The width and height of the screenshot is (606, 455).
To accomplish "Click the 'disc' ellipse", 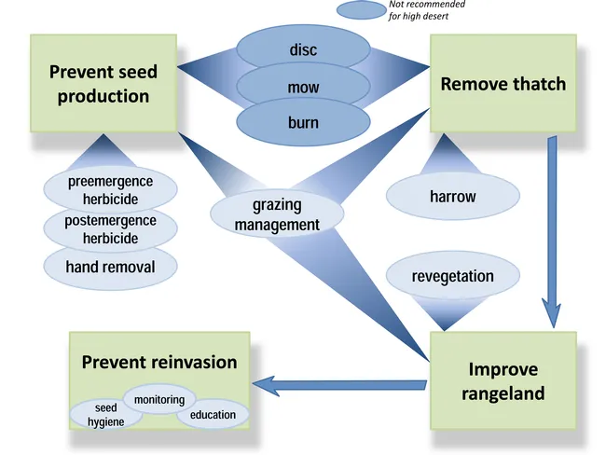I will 303,49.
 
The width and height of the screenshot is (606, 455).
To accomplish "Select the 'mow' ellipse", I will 303,88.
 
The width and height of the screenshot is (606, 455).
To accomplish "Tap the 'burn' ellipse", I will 303,122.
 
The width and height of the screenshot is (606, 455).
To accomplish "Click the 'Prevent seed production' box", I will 103,83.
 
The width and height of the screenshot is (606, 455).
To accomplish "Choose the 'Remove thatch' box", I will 503,84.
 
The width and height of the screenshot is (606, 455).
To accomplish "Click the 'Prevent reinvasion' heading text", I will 159,362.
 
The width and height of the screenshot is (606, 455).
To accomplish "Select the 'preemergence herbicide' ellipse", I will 110,188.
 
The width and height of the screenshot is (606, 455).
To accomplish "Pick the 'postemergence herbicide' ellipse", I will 110,228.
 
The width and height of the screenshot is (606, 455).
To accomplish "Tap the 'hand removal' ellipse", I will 110,267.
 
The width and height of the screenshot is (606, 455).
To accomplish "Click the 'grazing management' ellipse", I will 277,214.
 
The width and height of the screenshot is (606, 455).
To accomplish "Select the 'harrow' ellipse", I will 452,197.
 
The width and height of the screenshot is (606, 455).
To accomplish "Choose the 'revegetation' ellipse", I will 452,276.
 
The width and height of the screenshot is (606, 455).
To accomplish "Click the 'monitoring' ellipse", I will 159,399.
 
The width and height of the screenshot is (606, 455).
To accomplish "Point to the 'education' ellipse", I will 213,414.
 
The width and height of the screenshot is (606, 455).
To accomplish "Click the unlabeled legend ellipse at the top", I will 361,11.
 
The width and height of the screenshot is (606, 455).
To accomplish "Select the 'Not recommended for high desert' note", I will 426,10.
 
